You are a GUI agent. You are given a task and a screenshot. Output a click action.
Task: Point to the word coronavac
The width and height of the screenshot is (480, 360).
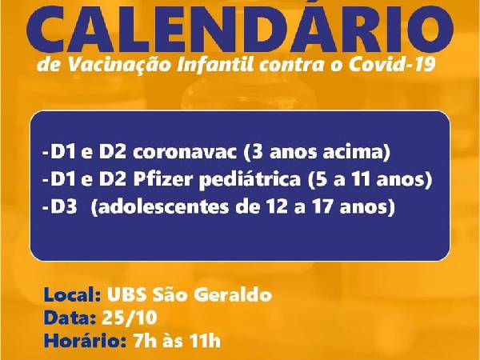click(185, 153)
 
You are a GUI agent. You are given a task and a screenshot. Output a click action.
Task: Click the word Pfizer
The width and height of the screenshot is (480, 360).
click(164, 180)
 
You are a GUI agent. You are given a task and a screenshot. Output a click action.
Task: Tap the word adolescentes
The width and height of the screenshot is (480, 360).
click(163, 207)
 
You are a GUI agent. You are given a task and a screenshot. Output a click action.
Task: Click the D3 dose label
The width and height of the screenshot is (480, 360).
click(64, 207)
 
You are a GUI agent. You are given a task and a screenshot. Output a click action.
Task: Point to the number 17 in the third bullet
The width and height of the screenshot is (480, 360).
click(323, 207)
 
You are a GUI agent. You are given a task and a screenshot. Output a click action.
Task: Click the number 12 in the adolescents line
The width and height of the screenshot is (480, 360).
click(277, 207)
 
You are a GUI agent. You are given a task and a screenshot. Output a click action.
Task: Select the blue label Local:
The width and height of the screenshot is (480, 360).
click(73, 294)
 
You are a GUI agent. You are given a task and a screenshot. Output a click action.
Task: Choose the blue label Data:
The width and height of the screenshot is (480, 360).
click(70, 318)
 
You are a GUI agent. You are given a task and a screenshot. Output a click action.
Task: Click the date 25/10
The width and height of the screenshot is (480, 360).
click(129, 318)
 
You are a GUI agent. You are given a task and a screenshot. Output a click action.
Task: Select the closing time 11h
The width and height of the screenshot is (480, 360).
click(205, 341)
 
